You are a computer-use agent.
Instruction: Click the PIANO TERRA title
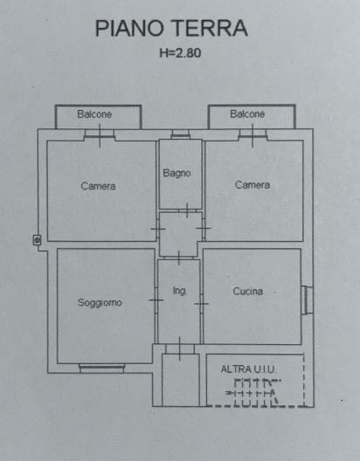[171, 28]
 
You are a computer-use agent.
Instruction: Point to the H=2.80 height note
[180, 53]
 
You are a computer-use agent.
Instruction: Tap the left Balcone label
[94, 114]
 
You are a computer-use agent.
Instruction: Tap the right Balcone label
[247, 114]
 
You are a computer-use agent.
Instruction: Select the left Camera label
[98, 186]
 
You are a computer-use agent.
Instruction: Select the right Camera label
[253, 185]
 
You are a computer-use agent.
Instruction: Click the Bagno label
[177, 173]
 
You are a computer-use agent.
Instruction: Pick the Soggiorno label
[100, 302]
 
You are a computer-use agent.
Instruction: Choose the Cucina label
[247, 291]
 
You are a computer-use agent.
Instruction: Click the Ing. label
[180, 291]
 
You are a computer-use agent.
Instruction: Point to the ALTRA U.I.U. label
[247, 369]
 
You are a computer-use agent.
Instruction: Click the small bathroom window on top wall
[181, 134]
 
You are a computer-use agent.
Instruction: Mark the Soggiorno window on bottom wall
[101, 368]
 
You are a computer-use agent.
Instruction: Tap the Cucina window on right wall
[307, 299]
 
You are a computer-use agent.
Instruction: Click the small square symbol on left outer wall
[37, 240]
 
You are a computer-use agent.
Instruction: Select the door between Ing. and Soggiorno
[156, 300]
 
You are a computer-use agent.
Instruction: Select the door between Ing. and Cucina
[202, 304]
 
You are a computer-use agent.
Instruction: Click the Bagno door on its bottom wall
[187, 210]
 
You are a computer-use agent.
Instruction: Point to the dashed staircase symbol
[253, 393]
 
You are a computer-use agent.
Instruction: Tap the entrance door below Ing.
[180, 349]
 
